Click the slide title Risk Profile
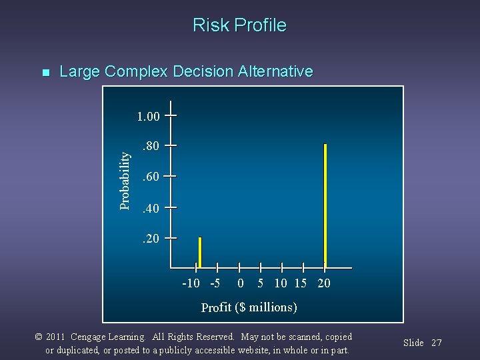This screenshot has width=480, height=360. pyautogui.click(x=239, y=25)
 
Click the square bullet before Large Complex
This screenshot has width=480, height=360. pyautogui.click(x=45, y=72)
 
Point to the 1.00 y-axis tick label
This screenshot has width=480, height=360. pyautogui.click(x=147, y=117)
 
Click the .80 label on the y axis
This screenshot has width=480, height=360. pyautogui.click(x=149, y=146)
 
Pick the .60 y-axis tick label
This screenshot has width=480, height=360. pyautogui.click(x=149, y=177)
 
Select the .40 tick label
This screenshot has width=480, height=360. pyautogui.click(x=149, y=209)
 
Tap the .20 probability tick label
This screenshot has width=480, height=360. pyautogui.click(x=149, y=239)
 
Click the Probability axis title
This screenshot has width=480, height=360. pyautogui.click(x=125, y=179)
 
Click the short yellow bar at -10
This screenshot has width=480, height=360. pyautogui.click(x=199, y=252)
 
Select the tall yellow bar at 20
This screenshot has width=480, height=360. pyautogui.click(x=325, y=204)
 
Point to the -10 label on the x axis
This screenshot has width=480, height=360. pyautogui.click(x=191, y=283)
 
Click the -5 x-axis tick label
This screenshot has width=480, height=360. pyautogui.click(x=215, y=283)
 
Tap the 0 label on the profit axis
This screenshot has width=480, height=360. pyautogui.click(x=241, y=283)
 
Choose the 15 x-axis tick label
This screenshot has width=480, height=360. pyautogui.click(x=300, y=283)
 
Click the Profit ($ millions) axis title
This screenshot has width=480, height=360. pyautogui.click(x=249, y=307)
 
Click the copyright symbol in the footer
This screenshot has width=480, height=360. pyautogui.click(x=39, y=337)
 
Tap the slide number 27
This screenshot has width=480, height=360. pyautogui.click(x=436, y=343)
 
